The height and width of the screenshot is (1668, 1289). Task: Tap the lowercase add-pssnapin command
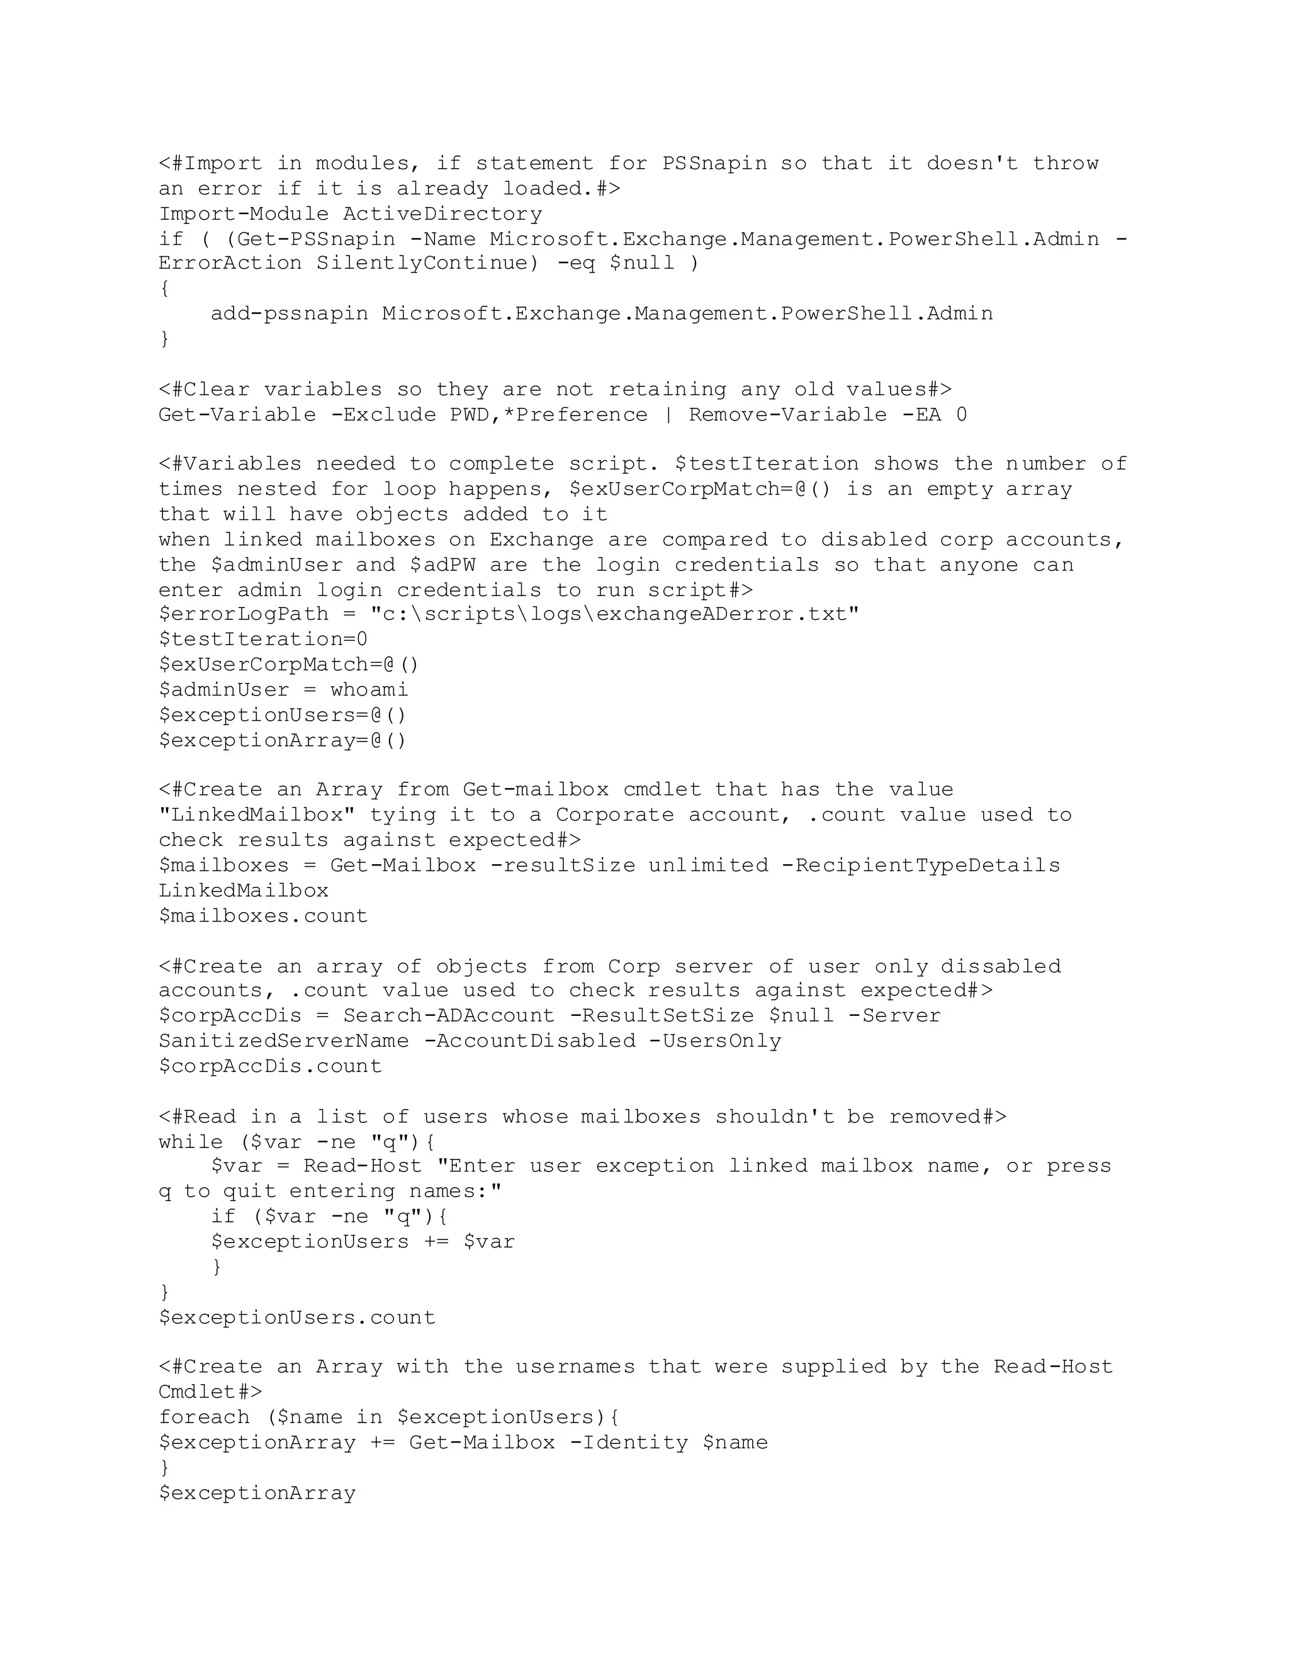[290, 314]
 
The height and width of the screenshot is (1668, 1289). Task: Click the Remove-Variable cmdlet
[788, 415]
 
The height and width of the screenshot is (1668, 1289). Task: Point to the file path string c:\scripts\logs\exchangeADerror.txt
[615, 614]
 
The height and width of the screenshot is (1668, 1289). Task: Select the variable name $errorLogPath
[244, 614]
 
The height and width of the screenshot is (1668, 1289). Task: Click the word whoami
[369, 690]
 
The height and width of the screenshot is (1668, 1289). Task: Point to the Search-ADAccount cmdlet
[449, 1016]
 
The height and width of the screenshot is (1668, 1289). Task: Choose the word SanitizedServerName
[283, 1041]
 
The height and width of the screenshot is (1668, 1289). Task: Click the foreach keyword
[204, 1417]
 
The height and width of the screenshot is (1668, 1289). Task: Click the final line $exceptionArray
[257, 1493]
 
